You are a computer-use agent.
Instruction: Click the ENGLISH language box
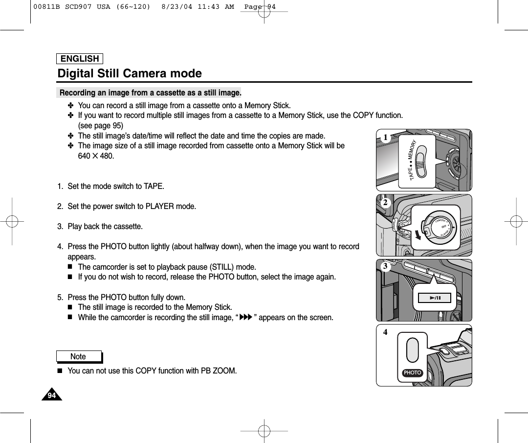tap(80, 59)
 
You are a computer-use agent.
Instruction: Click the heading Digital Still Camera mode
tap(130, 73)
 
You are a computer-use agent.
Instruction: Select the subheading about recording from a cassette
tap(150, 93)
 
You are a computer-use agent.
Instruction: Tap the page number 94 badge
tap(52, 396)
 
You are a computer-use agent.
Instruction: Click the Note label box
tap(78, 356)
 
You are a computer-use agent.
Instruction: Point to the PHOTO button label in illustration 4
tap(413, 373)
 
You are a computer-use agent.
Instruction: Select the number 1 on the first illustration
tap(386, 138)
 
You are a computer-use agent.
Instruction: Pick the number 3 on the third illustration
tap(385, 266)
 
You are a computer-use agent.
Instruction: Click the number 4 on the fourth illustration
tap(385, 332)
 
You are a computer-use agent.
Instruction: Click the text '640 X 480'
tap(96, 156)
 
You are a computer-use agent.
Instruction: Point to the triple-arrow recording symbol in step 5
tap(247, 318)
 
